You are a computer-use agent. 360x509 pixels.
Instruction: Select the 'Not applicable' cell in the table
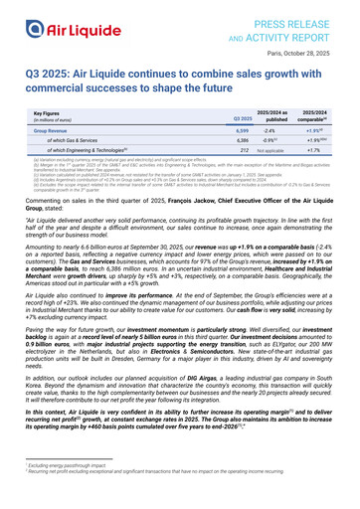tap(272, 157)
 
